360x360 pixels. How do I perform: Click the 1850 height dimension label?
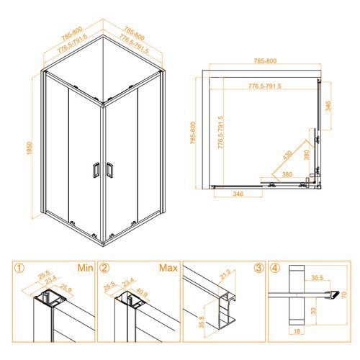(30, 148)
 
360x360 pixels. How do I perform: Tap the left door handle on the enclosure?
(96, 170)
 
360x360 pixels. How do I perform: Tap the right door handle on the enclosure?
(109, 170)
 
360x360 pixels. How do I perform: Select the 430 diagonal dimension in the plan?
(288, 155)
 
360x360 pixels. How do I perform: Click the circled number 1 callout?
(19, 268)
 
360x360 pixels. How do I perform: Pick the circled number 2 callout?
(104, 268)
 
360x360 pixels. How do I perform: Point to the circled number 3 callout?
(258, 268)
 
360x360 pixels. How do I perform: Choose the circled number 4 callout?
(274, 268)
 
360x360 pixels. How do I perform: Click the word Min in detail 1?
(85, 268)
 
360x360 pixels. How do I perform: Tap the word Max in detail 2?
(168, 268)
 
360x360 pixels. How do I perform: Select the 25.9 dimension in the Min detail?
(66, 288)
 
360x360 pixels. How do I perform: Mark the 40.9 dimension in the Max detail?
(142, 292)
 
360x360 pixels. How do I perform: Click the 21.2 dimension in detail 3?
(225, 274)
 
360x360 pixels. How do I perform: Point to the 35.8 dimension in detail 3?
(202, 322)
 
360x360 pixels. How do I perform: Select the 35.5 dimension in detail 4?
(318, 278)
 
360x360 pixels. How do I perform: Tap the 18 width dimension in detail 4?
(297, 331)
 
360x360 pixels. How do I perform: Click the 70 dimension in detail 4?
(344, 294)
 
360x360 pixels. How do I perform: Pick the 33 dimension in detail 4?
(313, 311)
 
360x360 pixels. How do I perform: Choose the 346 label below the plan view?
(238, 194)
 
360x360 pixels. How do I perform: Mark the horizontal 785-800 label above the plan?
(265, 61)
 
